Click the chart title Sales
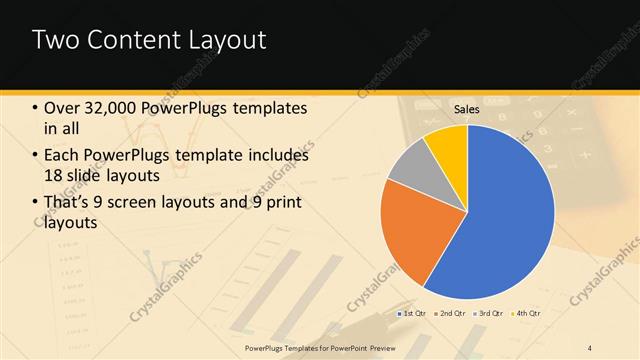click(x=467, y=108)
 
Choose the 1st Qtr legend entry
click(x=414, y=313)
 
